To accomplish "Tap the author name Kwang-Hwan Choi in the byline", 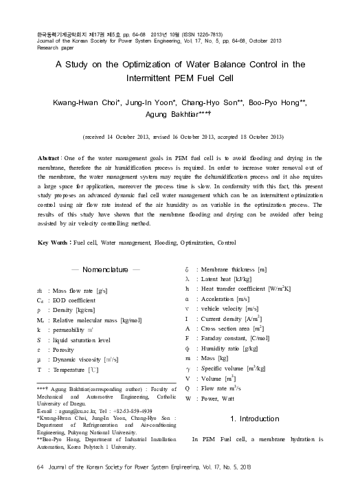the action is coord(84,102).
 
